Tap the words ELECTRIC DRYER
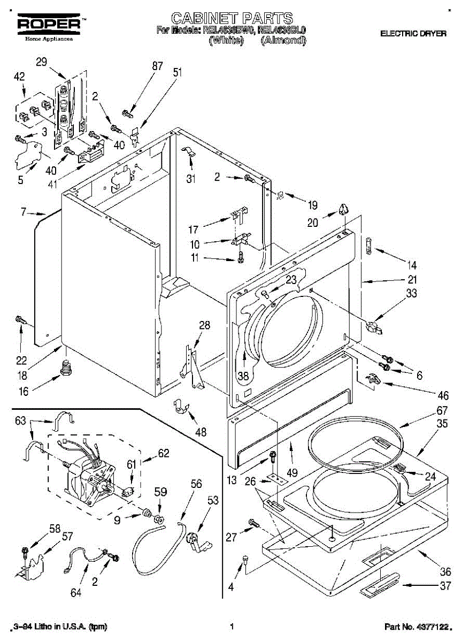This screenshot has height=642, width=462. coord(413,34)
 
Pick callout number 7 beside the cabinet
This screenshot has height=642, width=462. coord(24,212)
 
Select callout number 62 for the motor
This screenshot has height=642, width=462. coord(163,454)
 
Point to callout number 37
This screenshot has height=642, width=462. coord(445,586)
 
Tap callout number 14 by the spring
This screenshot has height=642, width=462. coord(411,265)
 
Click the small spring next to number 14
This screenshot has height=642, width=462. coord(368,244)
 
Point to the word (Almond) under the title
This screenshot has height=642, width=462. coord(283,40)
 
